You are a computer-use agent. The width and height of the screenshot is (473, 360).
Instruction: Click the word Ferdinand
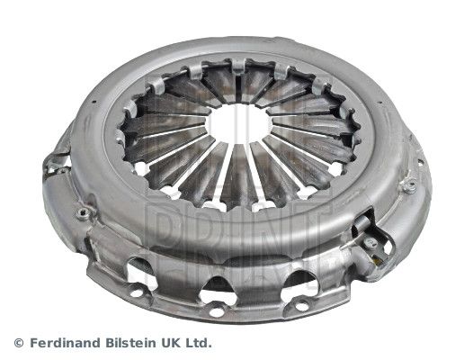point(65,343)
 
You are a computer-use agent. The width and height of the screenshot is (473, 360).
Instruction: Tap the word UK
point(174,343)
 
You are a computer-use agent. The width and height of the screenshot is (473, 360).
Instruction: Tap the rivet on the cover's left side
point(83,212)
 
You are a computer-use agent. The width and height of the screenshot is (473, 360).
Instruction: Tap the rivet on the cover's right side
point(410,187)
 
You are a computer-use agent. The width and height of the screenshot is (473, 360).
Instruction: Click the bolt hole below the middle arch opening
point(216,310)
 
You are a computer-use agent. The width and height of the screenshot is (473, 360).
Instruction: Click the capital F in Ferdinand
point(34,343)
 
